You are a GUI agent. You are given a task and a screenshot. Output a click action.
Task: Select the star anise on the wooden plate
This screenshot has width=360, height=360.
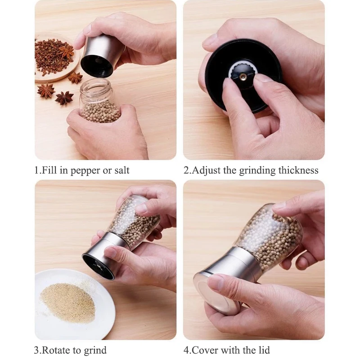click(67, 51)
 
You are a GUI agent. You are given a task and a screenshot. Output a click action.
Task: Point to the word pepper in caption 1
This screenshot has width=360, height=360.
click(85, 171)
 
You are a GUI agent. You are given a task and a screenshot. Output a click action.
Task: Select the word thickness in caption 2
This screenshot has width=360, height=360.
click(298, 171)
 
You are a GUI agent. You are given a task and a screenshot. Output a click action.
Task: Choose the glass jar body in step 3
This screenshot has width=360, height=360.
click(135, 221)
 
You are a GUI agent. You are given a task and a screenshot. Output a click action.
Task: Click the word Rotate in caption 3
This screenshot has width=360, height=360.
click(57, 350)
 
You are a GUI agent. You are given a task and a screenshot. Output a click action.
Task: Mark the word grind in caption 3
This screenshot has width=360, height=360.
click(95, 350)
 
